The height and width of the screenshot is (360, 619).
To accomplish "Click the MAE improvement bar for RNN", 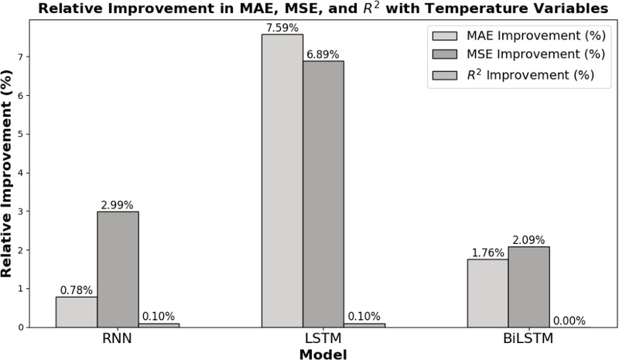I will [x=77, y=311].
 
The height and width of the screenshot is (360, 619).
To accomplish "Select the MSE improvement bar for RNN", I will [x=118, y=269].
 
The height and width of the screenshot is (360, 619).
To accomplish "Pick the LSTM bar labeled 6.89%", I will [x=323, y=194].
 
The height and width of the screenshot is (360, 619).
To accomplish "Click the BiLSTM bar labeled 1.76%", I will [x=487, y=293].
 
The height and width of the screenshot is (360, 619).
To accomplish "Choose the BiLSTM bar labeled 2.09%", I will [x=528, y=286].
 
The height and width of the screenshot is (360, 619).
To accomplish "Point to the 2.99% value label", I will [x=118, y=204].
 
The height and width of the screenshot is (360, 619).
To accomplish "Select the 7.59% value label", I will [x=282, y=27].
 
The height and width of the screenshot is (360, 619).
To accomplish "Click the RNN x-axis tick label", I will [x=118, y=340].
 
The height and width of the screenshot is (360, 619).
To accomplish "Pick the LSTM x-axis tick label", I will [x=323, y=340].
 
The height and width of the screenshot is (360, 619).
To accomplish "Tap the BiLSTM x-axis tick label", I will [x=528, y=340].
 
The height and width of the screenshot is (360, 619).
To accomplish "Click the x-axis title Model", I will [x=323, y=354].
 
